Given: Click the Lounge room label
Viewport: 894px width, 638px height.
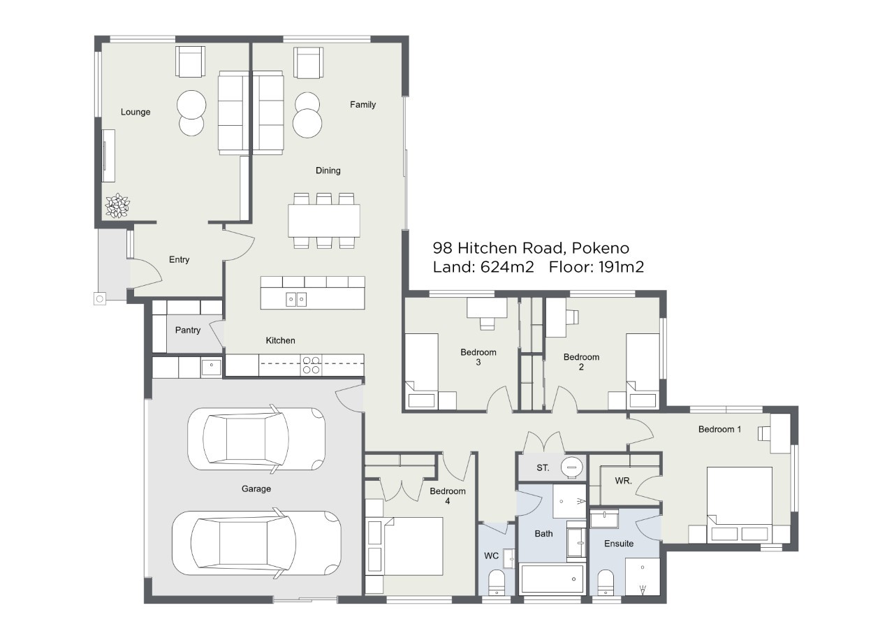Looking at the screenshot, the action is (x=135, y=112).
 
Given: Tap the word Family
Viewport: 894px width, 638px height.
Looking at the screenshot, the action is (x=362, y=105).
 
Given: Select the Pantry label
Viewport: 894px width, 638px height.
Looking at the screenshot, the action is (x=188, y=330).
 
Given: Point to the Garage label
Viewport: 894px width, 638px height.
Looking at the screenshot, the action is (x=256, y=488).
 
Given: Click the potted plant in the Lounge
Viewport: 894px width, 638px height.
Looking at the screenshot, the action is (x=117, y=205).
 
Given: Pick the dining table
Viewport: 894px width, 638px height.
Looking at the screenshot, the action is (x=324, y=221).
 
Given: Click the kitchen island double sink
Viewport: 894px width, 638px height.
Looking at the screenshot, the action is (x=296, y=299).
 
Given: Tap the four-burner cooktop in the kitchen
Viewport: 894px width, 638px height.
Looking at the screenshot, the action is (x=312, y=365).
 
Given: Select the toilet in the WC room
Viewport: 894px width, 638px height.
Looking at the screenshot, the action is (x=497, y=583).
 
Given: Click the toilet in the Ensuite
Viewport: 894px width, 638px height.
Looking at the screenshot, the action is (x=606, y=583).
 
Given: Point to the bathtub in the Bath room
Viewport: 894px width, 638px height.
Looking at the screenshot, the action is (x=552, y=579).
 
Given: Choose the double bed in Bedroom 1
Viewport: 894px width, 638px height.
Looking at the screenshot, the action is (x=739, y=505).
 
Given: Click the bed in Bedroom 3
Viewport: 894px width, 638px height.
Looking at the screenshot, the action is (x=422, y=371).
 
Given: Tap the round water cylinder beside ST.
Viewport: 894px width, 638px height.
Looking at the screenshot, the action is (x=572, y=467).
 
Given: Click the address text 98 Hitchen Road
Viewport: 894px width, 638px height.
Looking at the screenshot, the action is (x=498, y=248).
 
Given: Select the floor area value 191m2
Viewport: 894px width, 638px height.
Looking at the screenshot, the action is (x=622, y=267).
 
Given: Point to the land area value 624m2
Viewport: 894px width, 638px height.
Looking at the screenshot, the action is (x=507, y=267).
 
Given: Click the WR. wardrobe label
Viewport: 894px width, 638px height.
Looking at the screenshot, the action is (x=624, y=481).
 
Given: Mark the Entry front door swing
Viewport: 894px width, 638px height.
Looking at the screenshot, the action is (x=147, y=273).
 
